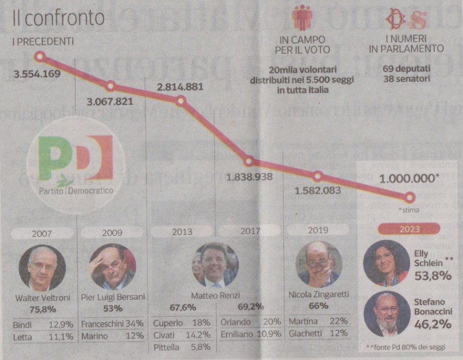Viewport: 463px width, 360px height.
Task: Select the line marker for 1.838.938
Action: pos(249,161)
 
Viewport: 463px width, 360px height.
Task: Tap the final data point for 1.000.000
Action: pos(410,197)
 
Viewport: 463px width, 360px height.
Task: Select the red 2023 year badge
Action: pos(409,229)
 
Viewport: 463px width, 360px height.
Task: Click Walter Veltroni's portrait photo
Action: pos(42,268)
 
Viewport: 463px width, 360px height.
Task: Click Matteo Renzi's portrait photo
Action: pos(215,265)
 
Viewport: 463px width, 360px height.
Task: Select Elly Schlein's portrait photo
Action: pos(386,263)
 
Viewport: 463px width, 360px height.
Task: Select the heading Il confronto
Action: pos(58,19)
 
